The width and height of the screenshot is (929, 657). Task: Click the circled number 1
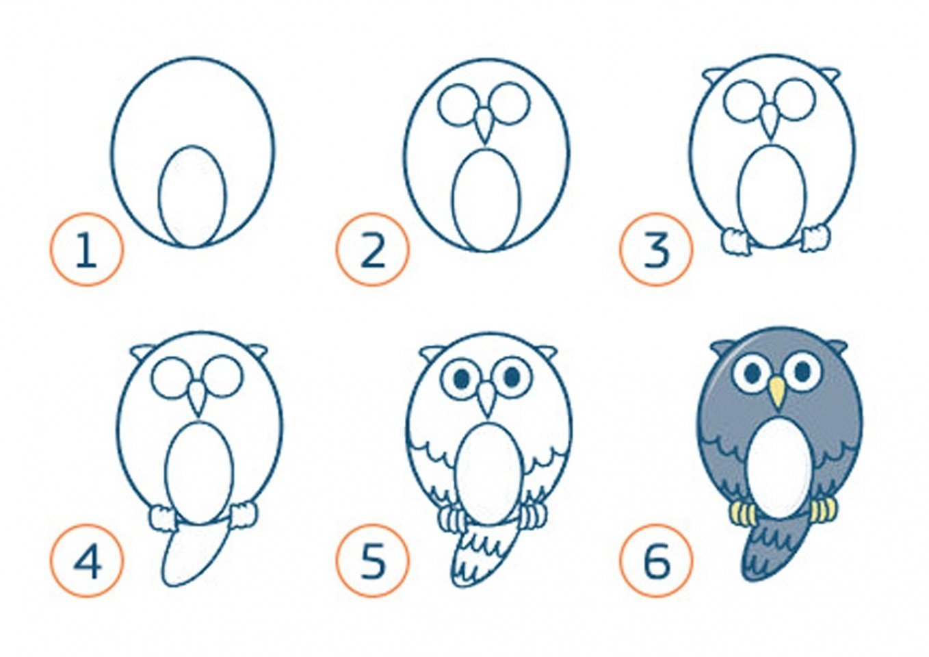(87, 249)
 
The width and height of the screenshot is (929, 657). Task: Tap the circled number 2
(372, 249)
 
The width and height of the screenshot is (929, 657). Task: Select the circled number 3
(657, 249)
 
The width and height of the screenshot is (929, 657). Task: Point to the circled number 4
(87, 561)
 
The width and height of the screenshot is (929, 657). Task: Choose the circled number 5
(372, 561)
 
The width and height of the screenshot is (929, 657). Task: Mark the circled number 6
(657, 561)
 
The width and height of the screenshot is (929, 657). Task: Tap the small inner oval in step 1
(192, 196)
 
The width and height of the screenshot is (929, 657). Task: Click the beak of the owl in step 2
(484, 124)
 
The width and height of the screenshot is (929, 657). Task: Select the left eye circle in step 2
(456, 104)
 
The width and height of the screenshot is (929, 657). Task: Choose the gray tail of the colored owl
(774, 552)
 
